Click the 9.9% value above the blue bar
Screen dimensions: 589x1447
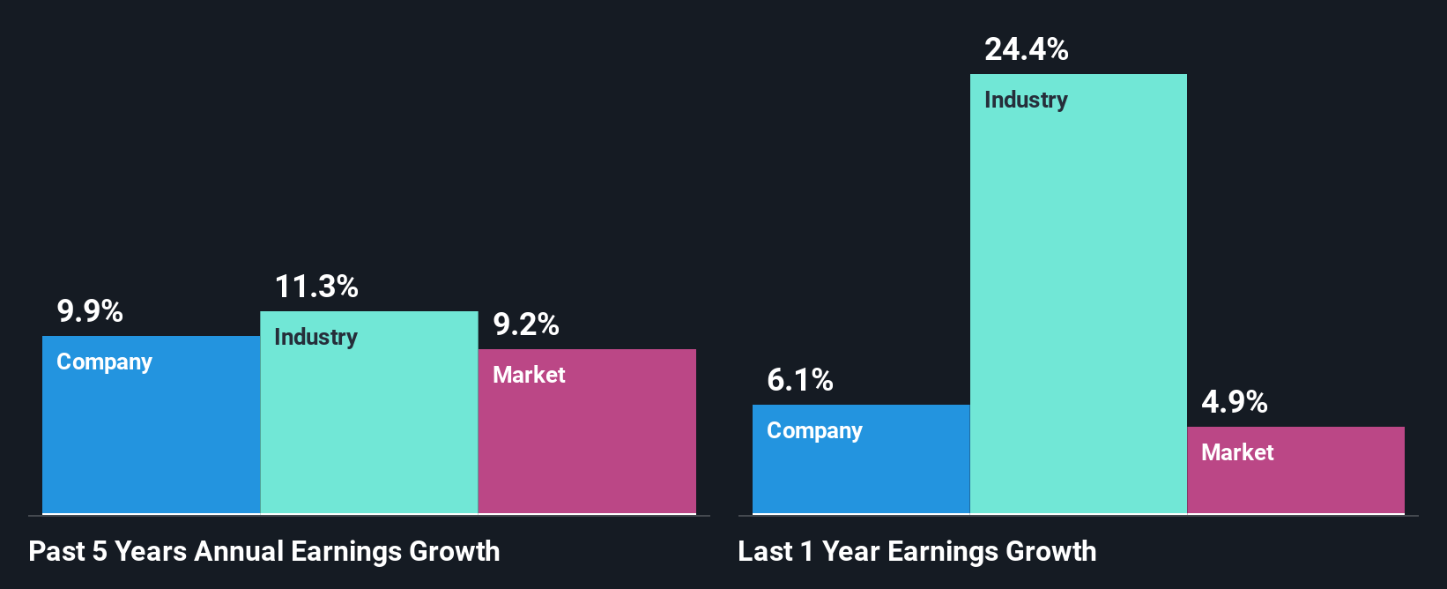[x=90, y=311]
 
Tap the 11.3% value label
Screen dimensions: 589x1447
[x=316, y=287]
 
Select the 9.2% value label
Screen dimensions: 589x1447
[x=526, y=324]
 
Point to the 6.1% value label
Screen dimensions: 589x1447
[x=800, y=380]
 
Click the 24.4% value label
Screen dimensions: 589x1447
[x=1027, y=49]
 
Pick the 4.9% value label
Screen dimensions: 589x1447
[x=1235, y=402]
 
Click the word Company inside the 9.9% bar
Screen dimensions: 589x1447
[x=104, y=362]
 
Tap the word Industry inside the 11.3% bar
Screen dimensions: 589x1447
[x=315, y=337]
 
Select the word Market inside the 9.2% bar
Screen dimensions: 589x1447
[x=529, y=375]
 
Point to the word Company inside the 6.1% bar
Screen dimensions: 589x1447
[x=814, y=431]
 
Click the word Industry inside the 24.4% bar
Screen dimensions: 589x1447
[x=1026, y=100]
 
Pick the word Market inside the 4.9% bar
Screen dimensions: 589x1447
[x=1237, y=452]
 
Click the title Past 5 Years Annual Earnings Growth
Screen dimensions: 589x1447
[x=264, y=551]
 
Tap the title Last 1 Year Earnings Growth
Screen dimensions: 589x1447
[x=917, y=551]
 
